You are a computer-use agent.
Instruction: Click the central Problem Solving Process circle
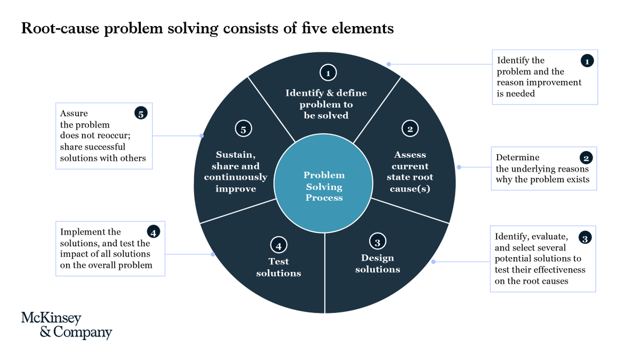[324, 186]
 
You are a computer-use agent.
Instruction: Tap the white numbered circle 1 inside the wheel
[328, 73]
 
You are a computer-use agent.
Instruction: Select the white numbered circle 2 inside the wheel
[410, 129]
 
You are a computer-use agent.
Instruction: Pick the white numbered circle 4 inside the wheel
[278, 246]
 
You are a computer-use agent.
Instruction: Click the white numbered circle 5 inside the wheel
[243, 129]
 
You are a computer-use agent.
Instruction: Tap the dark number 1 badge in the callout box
[587, 61]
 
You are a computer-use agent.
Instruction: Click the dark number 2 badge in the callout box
[586, 158]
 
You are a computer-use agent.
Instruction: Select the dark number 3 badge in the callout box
[585, 238]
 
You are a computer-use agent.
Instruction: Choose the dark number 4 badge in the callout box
[153, 232]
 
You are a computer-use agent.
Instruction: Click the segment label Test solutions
[278, 267]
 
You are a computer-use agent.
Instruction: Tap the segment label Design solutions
[377, 263]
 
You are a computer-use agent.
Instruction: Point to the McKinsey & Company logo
[67, 325]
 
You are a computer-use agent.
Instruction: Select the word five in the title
[322, 28]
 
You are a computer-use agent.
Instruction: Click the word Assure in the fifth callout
[74, 113]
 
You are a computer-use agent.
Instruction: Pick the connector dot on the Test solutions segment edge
[213, 254]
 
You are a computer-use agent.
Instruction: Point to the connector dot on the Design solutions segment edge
[433, 261]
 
